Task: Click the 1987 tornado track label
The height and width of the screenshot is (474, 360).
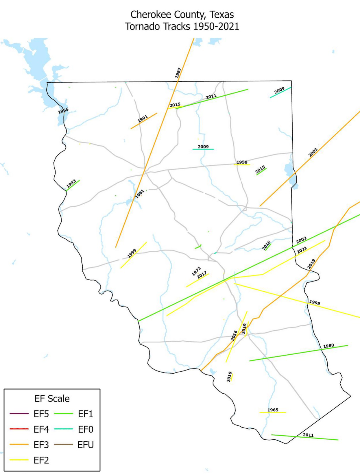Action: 178,73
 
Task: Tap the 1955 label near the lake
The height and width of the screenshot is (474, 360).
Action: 63,110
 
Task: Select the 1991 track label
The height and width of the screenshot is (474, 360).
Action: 143,118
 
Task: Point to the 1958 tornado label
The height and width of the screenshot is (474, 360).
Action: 242,162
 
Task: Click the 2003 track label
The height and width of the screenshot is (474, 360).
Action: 313,152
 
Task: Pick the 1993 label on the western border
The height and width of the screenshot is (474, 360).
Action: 71,183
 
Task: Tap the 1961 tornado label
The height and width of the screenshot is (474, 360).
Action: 140,194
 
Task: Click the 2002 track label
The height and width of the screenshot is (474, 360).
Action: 301,240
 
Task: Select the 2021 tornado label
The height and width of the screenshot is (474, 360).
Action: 302,250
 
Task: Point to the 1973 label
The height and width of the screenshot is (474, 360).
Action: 196,271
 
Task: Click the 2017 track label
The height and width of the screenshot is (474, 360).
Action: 202,275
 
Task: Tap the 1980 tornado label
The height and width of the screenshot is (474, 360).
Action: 328,346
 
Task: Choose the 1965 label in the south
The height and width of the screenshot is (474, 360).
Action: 273,410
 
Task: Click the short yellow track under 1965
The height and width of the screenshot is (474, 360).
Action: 273,412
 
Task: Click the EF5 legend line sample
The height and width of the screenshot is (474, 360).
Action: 19,414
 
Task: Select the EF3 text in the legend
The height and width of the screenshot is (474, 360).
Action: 41,445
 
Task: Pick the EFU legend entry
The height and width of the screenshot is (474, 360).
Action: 86,445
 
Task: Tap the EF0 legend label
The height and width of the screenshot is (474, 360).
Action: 86,429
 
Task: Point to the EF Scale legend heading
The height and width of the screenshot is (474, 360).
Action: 52,399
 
